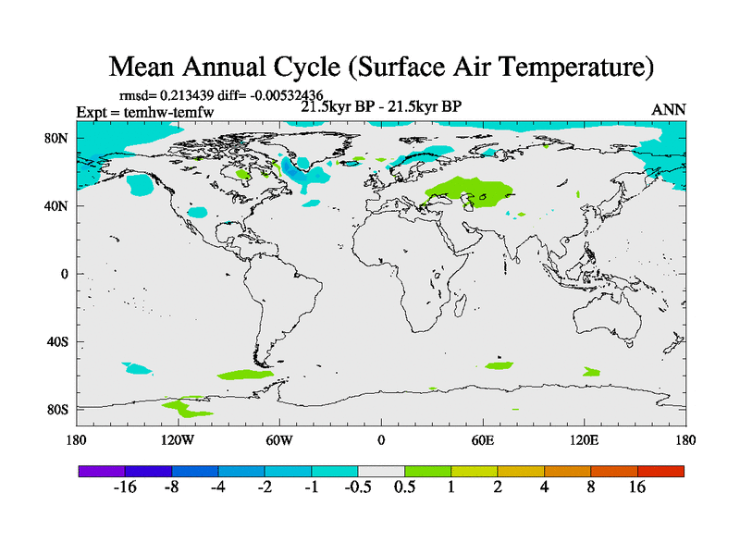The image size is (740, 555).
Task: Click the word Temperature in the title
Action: tap(563, 68)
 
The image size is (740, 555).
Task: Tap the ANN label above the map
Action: tap(669, 109)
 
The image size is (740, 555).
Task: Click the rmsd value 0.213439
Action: tap(191, 94)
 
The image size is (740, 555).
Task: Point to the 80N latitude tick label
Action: tap(59, 138)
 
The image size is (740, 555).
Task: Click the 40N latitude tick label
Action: tap(59, 205)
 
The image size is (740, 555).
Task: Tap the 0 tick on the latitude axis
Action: tap(66, 274)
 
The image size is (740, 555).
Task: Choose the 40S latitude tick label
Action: tap(59, 341)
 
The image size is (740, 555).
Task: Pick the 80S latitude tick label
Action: tap(59, 409)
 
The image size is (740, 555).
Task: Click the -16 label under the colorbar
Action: tap(125, 487)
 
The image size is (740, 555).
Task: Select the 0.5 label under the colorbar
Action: tap(404, 487)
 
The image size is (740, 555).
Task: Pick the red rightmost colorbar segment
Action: tap(660, 471)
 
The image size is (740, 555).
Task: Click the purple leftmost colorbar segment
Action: tap(102, 471)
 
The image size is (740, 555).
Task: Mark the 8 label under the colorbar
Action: tap(590, 487)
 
